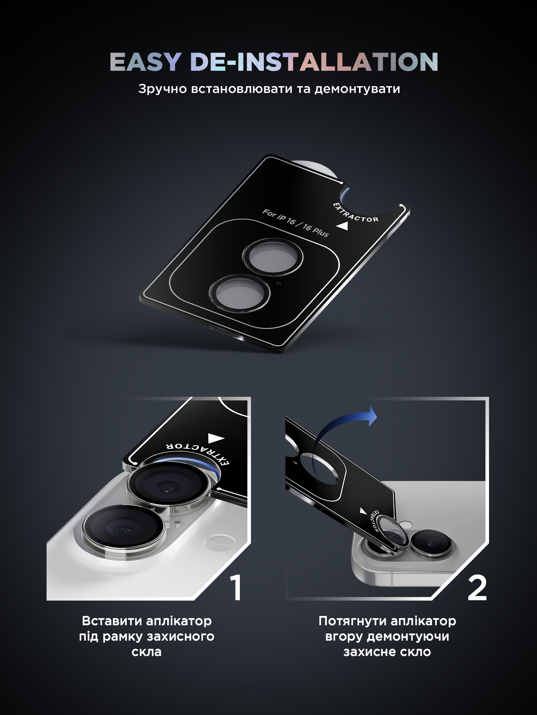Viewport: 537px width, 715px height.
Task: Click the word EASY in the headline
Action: click(145, 62)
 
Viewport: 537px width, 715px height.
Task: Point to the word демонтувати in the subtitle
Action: click(357, 89)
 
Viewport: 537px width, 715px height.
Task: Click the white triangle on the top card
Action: click(343, 226)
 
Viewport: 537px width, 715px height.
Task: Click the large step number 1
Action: click(236, 588)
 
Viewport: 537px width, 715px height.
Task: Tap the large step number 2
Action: click(477, 588)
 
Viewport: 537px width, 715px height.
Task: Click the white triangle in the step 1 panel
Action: click(216, 439)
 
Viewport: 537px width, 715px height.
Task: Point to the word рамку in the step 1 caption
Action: click(123, 637)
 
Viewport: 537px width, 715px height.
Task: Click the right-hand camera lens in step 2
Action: click(431, 543)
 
